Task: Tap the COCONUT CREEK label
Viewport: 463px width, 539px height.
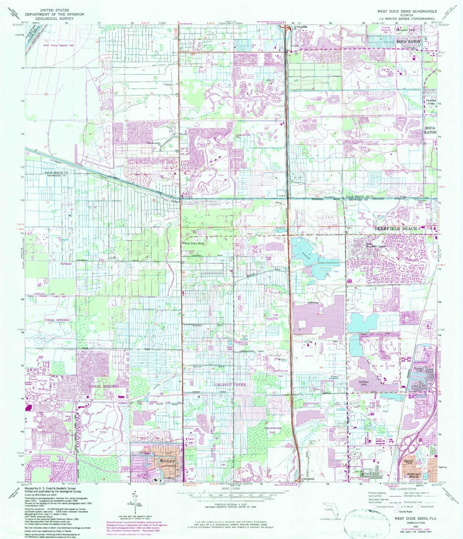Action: tap(230, 385)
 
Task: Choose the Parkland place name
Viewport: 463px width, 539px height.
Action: tap(66, 264)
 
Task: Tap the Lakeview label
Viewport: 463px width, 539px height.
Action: tap(313, 303)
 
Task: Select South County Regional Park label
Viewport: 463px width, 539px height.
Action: tap(58, 45)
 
